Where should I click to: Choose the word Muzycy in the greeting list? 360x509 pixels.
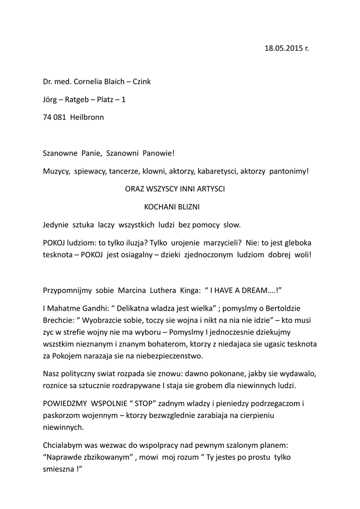[x=56, y=171]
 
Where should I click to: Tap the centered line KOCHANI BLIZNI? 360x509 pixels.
[x=172, y=207]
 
